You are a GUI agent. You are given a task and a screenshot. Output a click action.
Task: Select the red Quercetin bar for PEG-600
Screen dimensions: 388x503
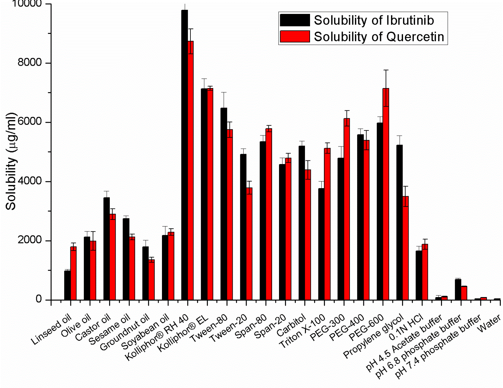click(x=386, y=194)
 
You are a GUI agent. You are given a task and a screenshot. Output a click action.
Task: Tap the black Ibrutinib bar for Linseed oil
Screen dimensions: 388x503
click(x=67, y=285)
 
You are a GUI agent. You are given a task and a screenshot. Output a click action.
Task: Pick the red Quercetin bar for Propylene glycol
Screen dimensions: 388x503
click(x=405, y=248)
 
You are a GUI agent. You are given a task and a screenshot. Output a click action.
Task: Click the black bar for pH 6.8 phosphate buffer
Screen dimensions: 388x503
click(x=458, y=289)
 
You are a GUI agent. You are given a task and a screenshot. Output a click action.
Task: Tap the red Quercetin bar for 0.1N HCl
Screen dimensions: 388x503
click(x=425, y=272)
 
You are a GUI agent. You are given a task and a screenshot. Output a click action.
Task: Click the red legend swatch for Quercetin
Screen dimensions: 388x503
click(x=295, y=37)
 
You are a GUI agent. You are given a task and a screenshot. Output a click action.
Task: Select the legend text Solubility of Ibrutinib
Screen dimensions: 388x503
click(x=374, y=20)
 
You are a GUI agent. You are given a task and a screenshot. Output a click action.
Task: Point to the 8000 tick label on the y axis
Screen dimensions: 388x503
click(x=30, y=62)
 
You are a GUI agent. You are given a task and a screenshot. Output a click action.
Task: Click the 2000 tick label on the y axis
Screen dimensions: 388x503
click(x=30, y=240)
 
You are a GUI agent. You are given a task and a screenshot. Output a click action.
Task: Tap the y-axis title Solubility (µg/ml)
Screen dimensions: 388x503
click(x=11, y=161)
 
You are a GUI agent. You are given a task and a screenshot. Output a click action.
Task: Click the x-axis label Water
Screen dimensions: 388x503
click(x=489, y=324)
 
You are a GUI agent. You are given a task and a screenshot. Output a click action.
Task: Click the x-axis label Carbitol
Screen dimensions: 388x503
click(x=291, y=326)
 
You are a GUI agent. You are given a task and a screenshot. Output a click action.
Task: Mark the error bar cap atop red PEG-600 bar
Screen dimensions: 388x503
click(x=386, y=70)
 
